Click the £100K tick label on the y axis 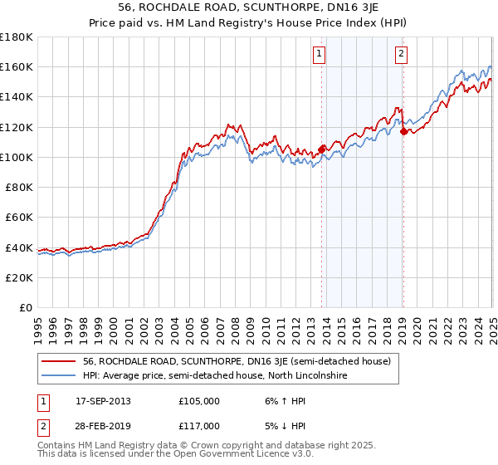pos(17,157)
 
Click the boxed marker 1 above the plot pos(320,55)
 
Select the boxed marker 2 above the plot pos(401,55)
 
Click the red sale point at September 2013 pos(321,149)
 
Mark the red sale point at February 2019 pos(403,131)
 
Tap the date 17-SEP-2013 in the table pos(103,401)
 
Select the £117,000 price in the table pos(198,426)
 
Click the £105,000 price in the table pos(198,401)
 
